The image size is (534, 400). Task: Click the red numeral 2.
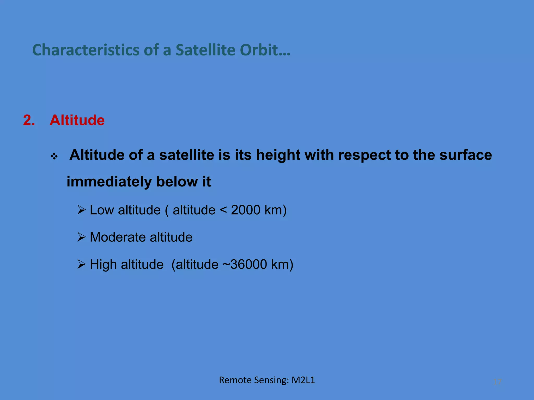point(29,120)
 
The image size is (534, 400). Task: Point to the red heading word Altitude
point(77,120)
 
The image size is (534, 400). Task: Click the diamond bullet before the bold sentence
point(54,157)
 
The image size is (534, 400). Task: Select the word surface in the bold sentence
point(465,155)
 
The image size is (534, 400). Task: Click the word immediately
point(109,182)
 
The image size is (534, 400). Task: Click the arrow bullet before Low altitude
point(82,210)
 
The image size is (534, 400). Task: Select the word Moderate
point(118,237)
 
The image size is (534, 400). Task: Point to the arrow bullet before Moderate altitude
point(82,237)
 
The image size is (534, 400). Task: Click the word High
point(103,265)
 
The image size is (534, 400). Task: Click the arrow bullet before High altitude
point(82,264)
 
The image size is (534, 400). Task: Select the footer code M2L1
point(303,380)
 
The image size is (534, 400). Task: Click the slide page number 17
point(497,382)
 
